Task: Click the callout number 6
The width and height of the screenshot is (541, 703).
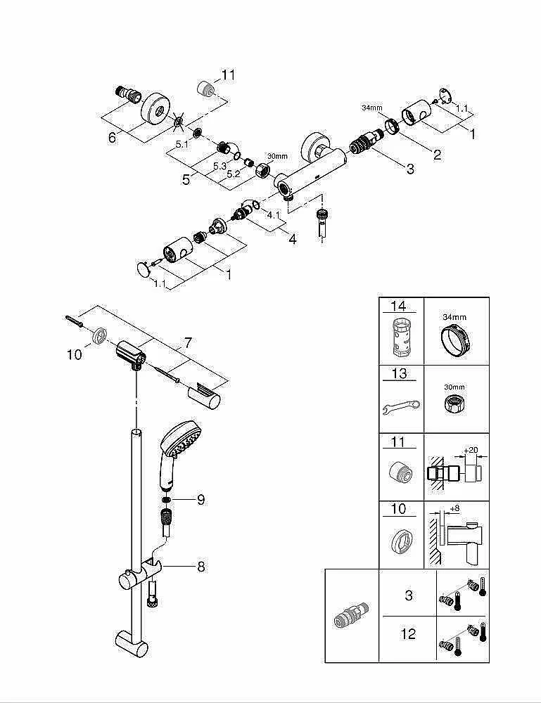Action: click(x=112, y=138)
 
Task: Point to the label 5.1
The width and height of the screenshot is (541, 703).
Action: click(x=182, y=144)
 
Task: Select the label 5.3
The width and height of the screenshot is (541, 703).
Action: click(x=219, y=167)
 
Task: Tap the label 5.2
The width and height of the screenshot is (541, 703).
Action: click(x=234, y=173)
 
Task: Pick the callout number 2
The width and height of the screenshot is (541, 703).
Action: click(x=437, y=155)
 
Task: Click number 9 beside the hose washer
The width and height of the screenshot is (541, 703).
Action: click(x=201, y=500)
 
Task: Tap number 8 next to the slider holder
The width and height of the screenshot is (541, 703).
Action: click(x=201, y=566)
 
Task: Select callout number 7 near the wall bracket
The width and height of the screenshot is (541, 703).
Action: click(x=188, y=343)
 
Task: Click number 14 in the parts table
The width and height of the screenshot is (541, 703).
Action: click(x=399, y=306)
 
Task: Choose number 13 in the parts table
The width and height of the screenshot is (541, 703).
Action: click(x=399, y=374)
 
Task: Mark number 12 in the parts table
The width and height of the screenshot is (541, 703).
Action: click(x=408, y=634)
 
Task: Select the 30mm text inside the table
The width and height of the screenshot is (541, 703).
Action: click(x=454, y=387)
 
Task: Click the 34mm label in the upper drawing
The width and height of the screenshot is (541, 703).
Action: click(x=371, y=108)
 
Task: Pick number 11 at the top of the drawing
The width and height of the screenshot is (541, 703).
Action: click(x=229, y=75)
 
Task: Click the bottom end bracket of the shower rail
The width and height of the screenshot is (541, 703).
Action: click(x=133, y=642)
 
